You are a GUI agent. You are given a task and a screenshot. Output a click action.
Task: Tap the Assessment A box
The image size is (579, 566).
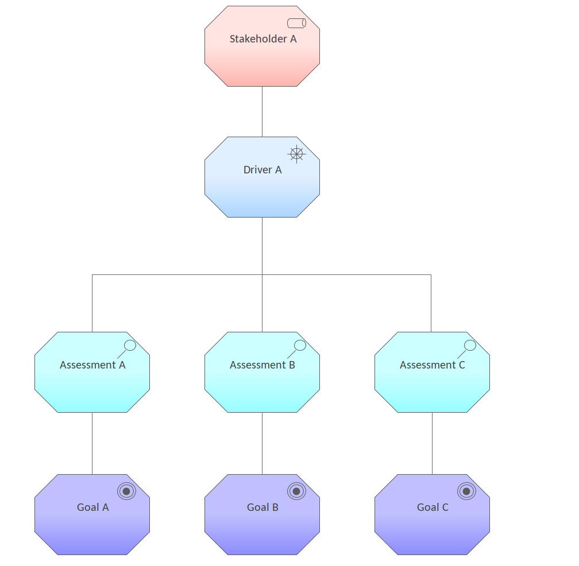(92, 382)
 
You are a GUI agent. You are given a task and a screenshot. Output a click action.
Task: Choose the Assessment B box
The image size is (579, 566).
(262, 382)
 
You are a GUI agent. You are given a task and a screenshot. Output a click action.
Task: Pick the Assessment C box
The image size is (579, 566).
(432, 382)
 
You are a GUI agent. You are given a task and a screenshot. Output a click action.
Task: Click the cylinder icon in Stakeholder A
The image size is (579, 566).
(296, 23)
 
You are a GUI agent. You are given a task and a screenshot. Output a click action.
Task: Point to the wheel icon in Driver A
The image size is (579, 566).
(296, 154)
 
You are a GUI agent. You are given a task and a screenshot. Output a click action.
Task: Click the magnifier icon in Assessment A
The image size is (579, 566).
(129, 346)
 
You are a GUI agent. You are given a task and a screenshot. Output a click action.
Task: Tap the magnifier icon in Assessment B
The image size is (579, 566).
(299, 346)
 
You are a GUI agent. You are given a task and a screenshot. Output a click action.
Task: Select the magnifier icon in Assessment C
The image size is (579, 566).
(469, 346)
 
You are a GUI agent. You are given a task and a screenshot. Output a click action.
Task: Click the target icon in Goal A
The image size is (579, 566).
(126, 491)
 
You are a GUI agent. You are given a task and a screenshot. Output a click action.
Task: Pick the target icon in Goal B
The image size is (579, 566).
(296, 491)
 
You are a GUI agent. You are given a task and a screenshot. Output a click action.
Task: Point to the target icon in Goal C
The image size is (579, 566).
(466, 491)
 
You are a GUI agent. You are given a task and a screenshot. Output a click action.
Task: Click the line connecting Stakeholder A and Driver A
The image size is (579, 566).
(262, 111)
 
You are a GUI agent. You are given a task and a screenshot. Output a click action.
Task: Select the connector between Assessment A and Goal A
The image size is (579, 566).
(92, 443)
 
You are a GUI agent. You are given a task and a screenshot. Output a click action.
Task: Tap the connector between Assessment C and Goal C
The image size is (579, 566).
(432, 443)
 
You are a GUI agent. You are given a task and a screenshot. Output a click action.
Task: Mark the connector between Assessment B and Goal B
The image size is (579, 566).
(262, 443)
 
